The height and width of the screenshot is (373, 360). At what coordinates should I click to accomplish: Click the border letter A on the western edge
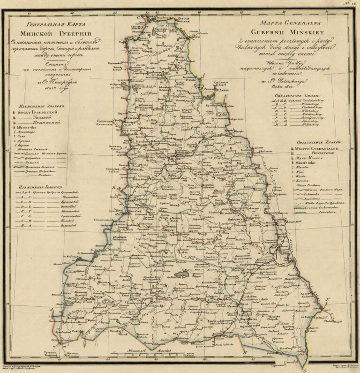click(51, 310)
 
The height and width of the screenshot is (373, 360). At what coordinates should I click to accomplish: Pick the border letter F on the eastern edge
click(329, 299)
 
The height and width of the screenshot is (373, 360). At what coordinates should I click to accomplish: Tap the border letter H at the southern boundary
click(245, 352)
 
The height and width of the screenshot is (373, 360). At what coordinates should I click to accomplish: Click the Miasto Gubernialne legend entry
click(318, 148)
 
